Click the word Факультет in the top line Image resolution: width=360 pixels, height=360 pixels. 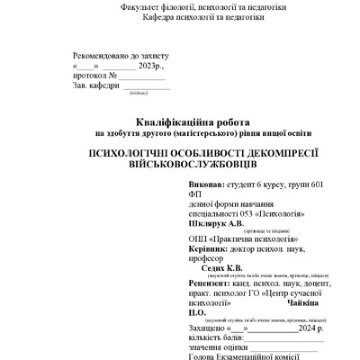141,7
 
